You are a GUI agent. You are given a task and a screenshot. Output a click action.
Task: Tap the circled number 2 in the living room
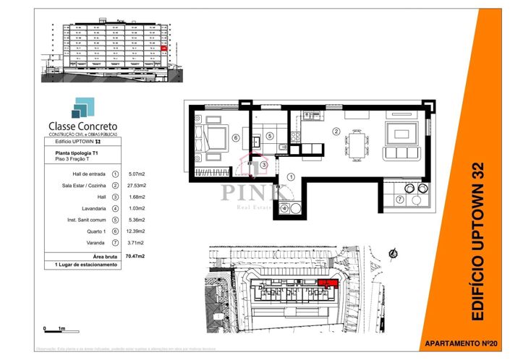tap(336, 132)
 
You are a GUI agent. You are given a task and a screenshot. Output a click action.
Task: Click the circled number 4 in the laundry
tap(285, 208)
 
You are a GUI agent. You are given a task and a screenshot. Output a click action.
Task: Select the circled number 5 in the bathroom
tap(269, 135)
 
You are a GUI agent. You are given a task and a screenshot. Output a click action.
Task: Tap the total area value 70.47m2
tap(133, 256)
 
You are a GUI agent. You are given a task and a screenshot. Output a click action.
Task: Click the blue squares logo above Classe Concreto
tap(81, 108)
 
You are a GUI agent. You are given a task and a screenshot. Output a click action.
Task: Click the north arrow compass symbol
tap(392, 254)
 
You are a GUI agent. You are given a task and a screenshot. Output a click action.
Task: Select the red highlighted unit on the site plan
tap(328, 283)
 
